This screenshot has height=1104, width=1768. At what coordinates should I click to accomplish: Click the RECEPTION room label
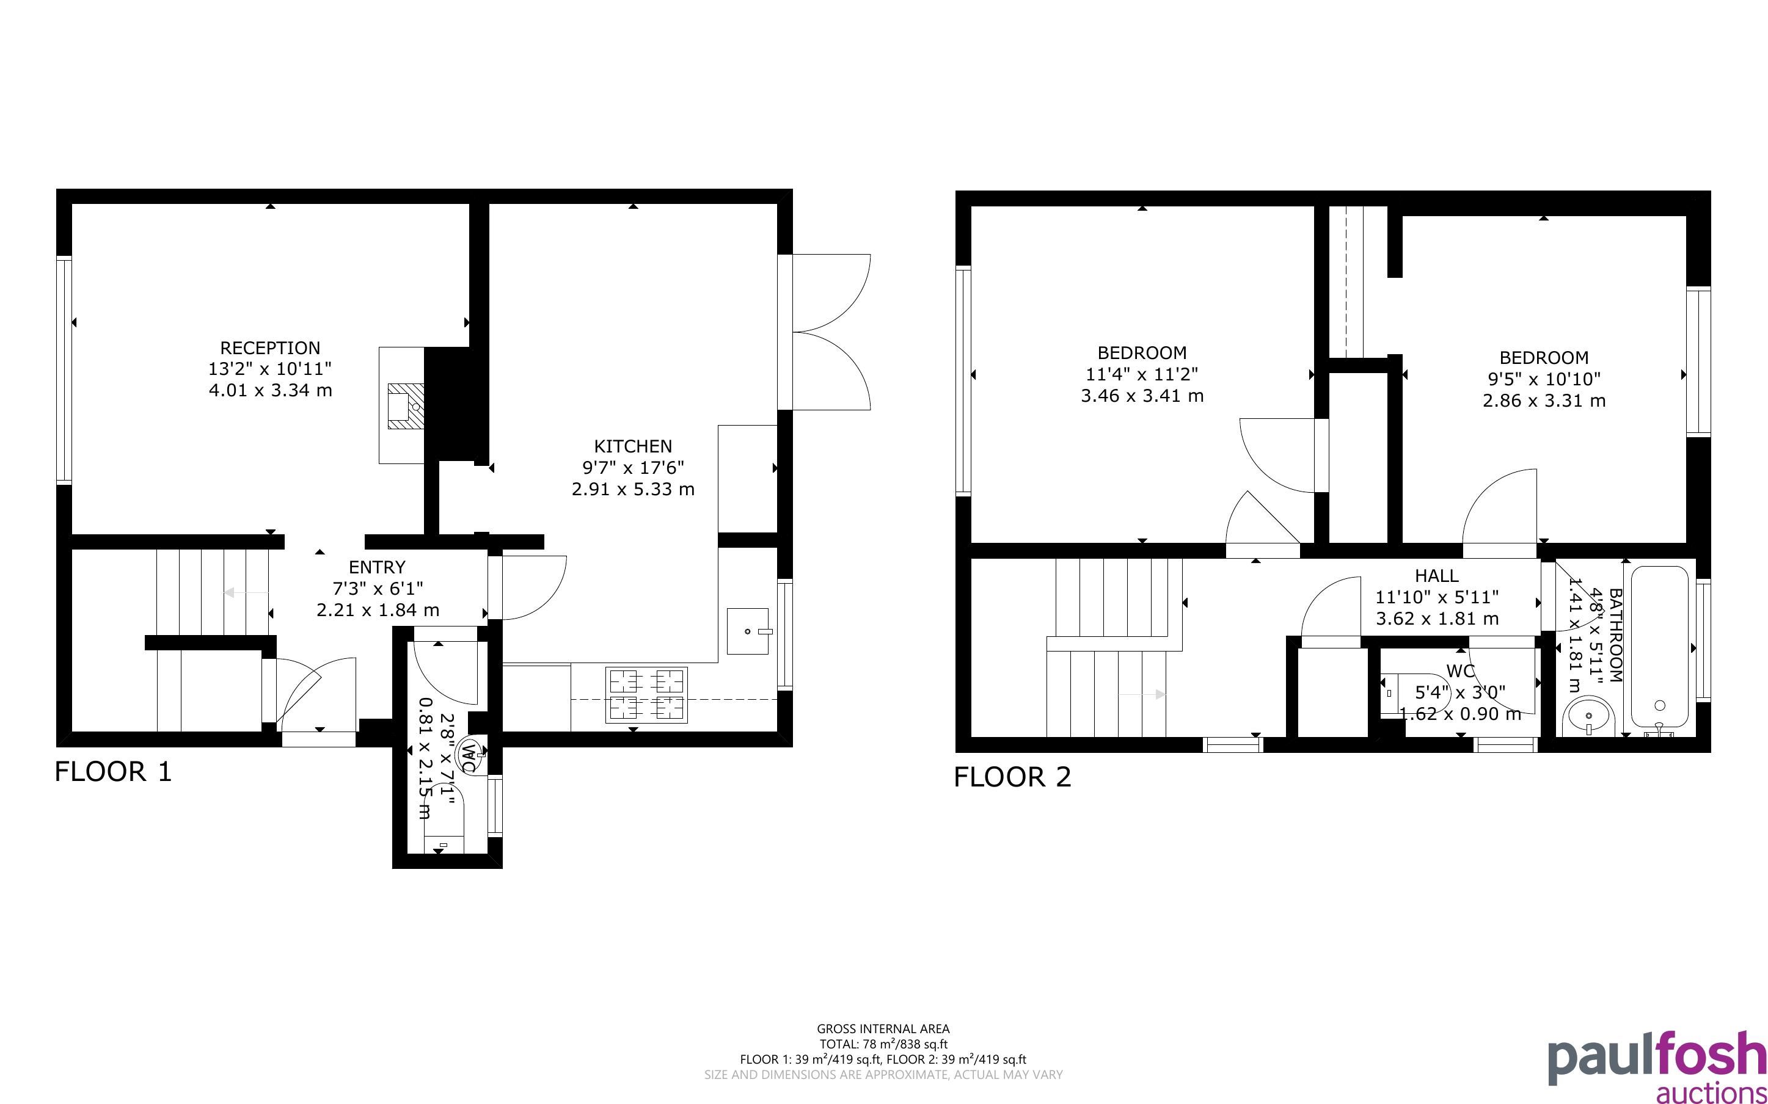pyautogui.click(x=270, y=347)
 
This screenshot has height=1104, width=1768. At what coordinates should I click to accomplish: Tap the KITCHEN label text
pyautogui.click(x=632, y=446)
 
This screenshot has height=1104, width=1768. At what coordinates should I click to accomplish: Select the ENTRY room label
pyautogui.click(x=377, y=567)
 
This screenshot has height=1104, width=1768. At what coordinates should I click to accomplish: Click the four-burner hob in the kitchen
pyautogui.click(x=646, y=695)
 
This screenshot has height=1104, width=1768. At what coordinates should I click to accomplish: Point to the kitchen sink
pyautogui.click(x=748, y=631)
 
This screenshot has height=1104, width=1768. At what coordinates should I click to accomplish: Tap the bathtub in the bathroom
pyautogui.click(x=1659, y=647)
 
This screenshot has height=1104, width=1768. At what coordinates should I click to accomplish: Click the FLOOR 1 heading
pyautogui.click(x=113, y=772)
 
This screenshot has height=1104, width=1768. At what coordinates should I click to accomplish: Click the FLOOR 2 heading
pyautogui.click(x=1012, y=777)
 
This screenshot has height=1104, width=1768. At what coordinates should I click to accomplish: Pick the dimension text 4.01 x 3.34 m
pyautogui.click(x=270, y=390)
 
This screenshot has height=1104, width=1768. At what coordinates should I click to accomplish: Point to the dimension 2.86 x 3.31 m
pyautogui.click(x=1544, y=400)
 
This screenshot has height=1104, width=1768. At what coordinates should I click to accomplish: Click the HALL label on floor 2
pyautogui.click(x=1436, y=575)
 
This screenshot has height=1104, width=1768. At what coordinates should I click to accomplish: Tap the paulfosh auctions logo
pyautogui.click(x=1657, y=1066)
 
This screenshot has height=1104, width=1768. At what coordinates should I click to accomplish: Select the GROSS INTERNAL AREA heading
pyautogui.click(x=883, y=1030)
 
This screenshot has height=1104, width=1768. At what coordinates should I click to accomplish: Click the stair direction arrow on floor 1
pyautogui.click(x=247, y=593)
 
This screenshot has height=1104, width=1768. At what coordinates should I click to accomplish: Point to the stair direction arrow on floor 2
pyautogui.click(x=1142, y=694)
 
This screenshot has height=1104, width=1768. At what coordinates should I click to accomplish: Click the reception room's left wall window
pyautogui.click(x=64, y=369)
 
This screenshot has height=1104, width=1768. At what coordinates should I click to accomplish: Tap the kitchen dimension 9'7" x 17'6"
pyautogui.click(x=632, y=467)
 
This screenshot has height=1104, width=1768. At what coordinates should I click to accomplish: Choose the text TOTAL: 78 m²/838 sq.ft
pyautogui.click(x=883, y=1044)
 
